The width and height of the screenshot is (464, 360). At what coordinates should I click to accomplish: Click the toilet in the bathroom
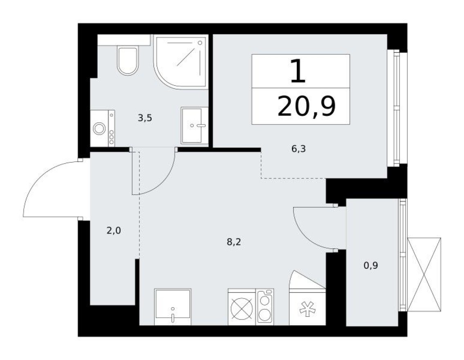coord(128,61)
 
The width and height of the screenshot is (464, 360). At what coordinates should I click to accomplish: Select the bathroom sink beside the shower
coord(194,126)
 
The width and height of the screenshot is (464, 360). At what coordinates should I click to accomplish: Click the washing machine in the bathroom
coord(102,128)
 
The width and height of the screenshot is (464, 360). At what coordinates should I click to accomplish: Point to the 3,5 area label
coord(145,119)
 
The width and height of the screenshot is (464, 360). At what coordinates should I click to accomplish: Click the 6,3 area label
coord(298,149)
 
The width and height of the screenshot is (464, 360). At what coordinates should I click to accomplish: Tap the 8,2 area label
coord(234,242)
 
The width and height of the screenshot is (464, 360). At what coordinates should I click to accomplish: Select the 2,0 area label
coord(114,231)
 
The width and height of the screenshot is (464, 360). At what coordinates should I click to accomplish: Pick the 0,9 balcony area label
coord(371,265)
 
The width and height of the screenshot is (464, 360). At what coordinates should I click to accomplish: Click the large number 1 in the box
coord(297,71)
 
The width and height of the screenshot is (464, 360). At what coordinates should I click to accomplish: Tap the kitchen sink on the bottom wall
coord(173,307)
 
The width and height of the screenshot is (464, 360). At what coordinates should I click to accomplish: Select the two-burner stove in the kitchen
coord(265,307)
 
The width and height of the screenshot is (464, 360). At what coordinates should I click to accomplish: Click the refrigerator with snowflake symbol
coord(307,307)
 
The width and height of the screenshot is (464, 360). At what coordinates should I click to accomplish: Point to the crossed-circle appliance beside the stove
coord(241,307)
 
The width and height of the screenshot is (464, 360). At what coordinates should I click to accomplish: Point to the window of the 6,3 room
coord(397,108)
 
